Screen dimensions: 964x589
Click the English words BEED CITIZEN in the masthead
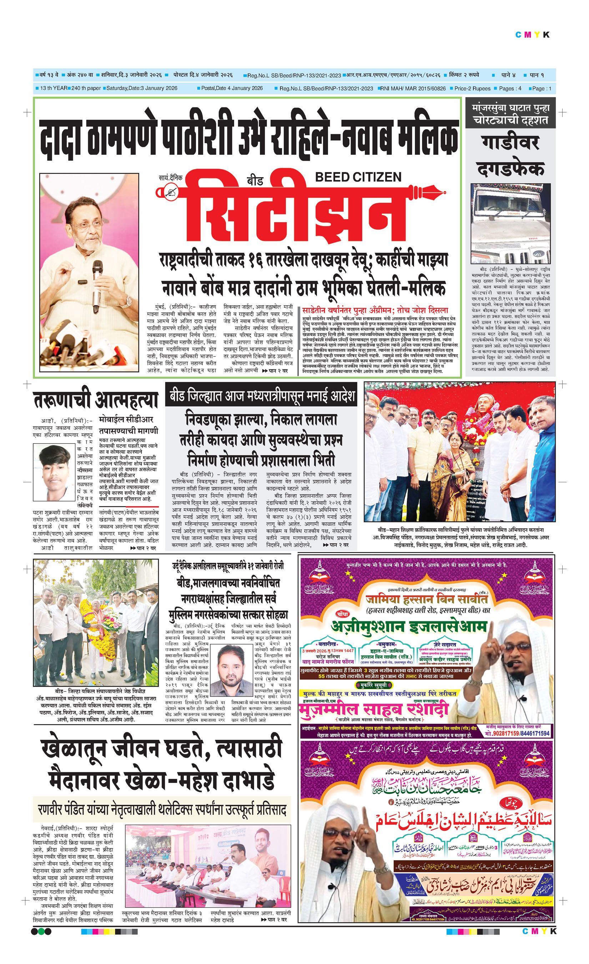(x=358, y=177)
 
